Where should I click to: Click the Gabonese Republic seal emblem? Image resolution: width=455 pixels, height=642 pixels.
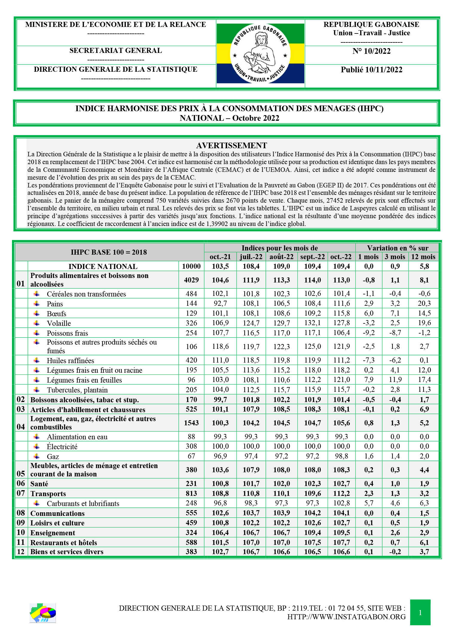(x=260, y=54)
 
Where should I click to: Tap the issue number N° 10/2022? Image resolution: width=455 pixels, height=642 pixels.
(x=371, y=51)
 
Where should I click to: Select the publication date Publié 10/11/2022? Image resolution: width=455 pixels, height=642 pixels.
(x=371, y=70)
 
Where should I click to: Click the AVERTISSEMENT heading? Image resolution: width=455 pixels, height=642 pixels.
(x=231, y=146)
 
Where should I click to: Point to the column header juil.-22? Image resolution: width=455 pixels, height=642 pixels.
(x=251, y=257)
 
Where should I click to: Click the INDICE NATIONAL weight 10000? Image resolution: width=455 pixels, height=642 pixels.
(x=191, y=266)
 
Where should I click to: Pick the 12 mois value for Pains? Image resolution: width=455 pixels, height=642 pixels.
(x=424, y=303)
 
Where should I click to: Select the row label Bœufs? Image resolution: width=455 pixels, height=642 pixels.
(x=57, y=314)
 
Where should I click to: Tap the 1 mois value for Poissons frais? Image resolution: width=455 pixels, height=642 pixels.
(x=369, y=333)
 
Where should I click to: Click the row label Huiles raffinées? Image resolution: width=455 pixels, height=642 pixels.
(x=71, y=360)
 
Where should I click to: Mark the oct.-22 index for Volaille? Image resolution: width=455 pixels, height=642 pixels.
(x=341, y=323)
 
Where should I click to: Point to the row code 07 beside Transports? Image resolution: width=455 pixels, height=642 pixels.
(x=21, y=493)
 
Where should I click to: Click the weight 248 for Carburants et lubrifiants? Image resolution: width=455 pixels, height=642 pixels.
(x=191, y=503)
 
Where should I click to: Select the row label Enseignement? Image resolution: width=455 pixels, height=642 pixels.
(x=53, y=533)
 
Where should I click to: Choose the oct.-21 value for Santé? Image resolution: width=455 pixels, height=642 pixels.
(x=220, y=484)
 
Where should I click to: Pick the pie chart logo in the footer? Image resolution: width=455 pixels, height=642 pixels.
(x=43, y=613)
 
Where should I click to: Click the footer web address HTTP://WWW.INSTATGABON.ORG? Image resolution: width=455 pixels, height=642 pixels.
(x=346, y=617)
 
